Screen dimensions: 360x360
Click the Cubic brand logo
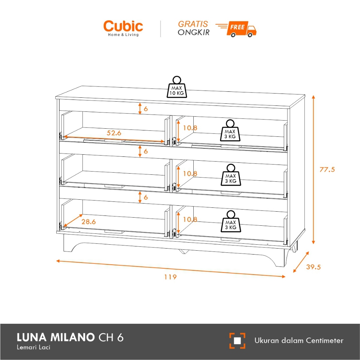(x=123, y=26)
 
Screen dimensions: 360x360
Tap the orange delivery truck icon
(x=236, y=29)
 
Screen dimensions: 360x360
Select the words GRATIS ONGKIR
(x=193, y=28)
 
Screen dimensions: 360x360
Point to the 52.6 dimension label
(x=114, y=133)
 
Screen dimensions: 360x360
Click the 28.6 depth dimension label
(x=89, y=222)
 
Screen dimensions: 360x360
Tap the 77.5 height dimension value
(x=327, y=169)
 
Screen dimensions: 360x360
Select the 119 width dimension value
(x=170, y=277)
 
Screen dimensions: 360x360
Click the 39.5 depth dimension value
(x=313, y=267)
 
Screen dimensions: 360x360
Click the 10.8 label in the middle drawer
(x=190, y=173)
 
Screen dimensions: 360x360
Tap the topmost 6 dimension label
(x=146, y=109)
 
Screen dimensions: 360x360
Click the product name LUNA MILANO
(x=56, y=338)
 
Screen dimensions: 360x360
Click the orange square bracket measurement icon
(x=237, y=341)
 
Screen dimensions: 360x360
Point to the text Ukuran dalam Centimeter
(x=299, y=340)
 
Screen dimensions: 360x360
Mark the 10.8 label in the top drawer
(x=190, y=128)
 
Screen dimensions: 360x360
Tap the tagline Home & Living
(x=123, y=34)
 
